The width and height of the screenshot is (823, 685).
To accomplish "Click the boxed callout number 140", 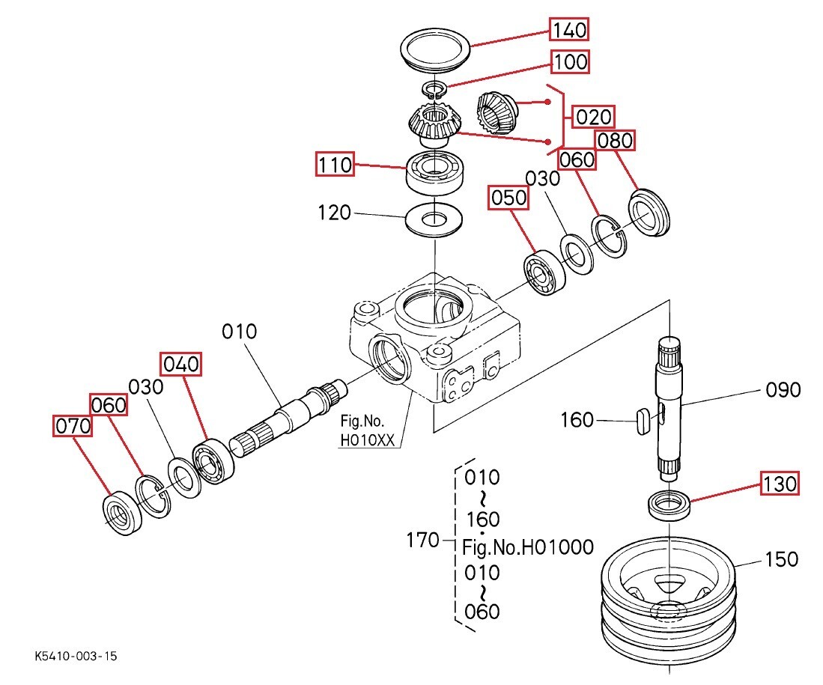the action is coord(569,29).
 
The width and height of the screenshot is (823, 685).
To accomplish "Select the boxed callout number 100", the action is coord(570,61).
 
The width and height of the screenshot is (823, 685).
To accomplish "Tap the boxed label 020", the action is coord(593,117).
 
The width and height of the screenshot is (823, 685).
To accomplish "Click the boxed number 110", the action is coord(335,164).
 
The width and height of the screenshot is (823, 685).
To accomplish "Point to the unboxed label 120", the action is coord(334,213).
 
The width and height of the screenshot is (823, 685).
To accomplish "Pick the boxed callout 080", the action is coord(615,140).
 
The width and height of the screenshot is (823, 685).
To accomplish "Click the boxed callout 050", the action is coord(508,198).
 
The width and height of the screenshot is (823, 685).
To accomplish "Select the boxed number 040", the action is coord(181,364).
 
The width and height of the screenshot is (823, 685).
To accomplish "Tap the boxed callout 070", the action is coord(73,426).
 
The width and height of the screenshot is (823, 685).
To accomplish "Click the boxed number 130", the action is coord(780,483).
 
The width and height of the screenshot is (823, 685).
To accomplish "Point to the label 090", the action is coord(783,390).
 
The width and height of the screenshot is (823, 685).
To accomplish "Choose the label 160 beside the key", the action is coord(577,420).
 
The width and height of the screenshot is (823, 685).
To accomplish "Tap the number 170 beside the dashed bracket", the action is coord(422,540).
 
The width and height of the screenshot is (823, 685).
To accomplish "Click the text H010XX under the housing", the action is coord(368,440).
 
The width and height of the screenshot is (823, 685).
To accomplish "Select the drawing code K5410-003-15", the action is coord(76,656).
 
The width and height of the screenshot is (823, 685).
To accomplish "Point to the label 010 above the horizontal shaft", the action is coord(240,332).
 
